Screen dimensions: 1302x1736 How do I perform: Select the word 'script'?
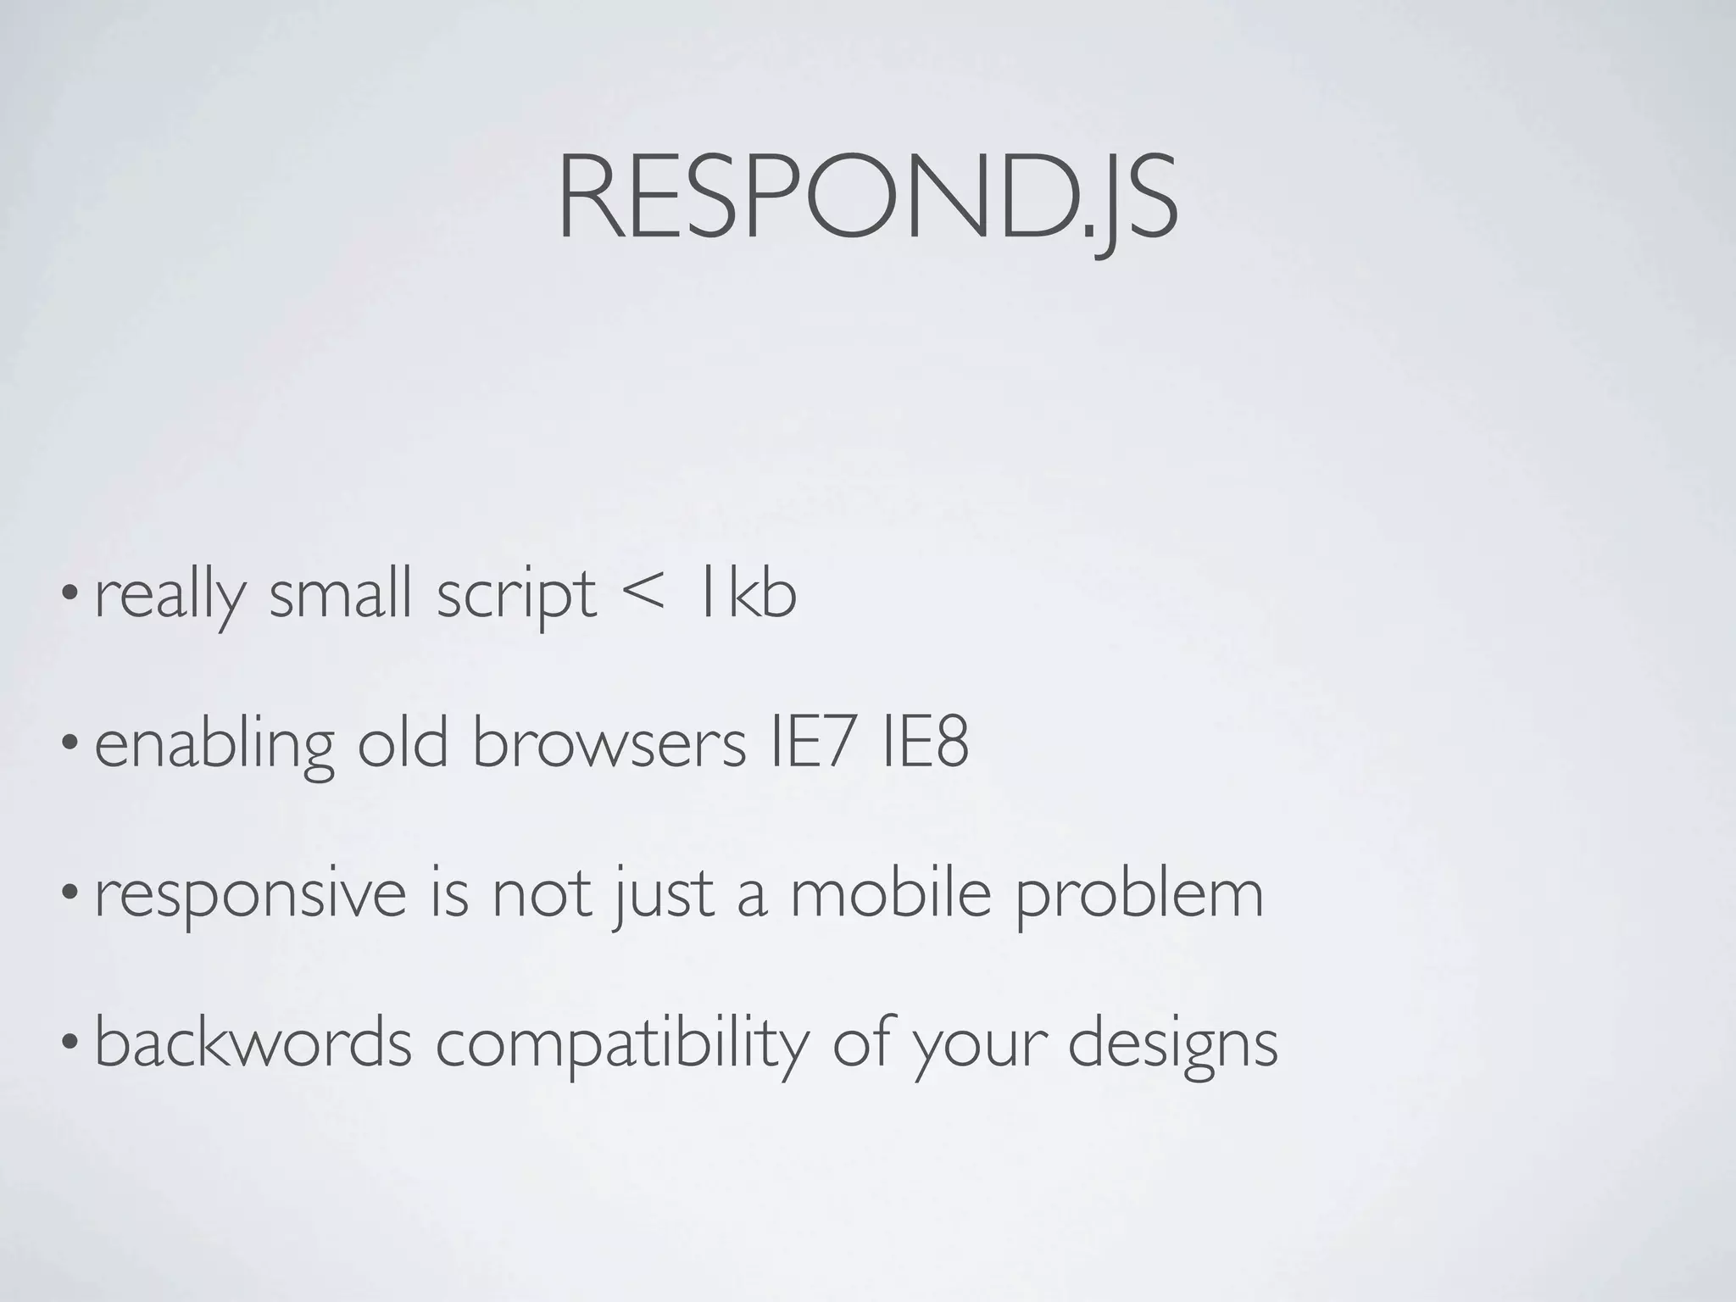[x=516, y=596]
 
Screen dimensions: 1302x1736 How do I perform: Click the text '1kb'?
[x=745, y=593]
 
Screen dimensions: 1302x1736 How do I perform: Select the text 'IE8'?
[x=925, y=743]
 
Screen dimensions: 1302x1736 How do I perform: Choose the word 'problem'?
[x=1139, y=897]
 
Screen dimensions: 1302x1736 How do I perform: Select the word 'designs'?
[x=1172, y=1046]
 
